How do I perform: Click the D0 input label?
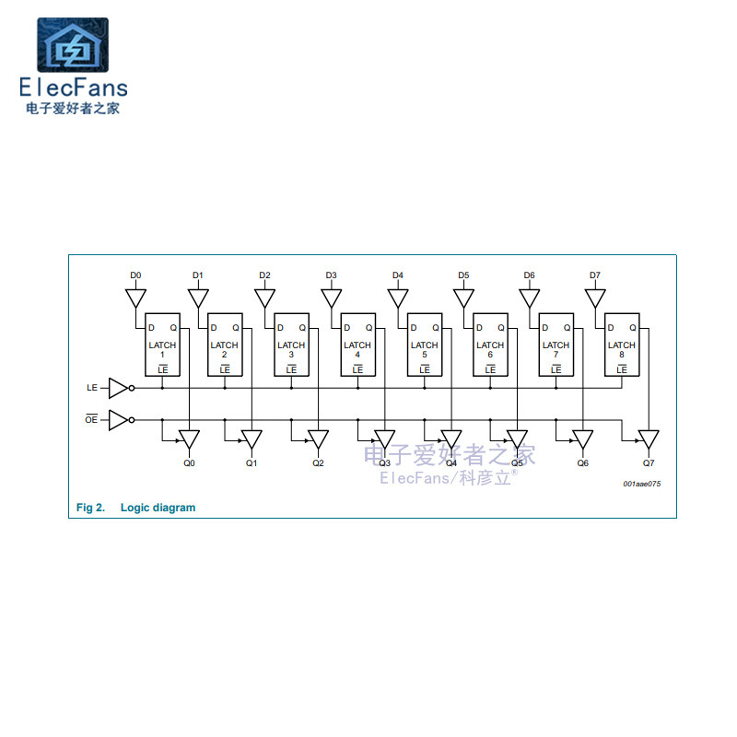135,275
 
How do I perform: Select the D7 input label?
595,275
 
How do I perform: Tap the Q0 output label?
189,463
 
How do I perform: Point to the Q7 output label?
649,463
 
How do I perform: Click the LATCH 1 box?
163,345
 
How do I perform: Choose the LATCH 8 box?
622,345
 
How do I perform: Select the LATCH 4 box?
357,345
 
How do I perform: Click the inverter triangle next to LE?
119,388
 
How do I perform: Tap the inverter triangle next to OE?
119,420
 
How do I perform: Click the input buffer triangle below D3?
332,298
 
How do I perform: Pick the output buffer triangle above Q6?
583,439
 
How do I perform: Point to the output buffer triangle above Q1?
252,439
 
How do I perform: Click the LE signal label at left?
91,389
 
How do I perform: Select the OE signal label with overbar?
91,421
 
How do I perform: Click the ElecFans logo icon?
72,45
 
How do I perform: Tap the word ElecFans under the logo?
74,88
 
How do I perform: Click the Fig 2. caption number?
90,508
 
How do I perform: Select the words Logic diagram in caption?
158,508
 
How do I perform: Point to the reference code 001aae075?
641,484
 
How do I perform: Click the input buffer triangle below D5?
463,298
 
